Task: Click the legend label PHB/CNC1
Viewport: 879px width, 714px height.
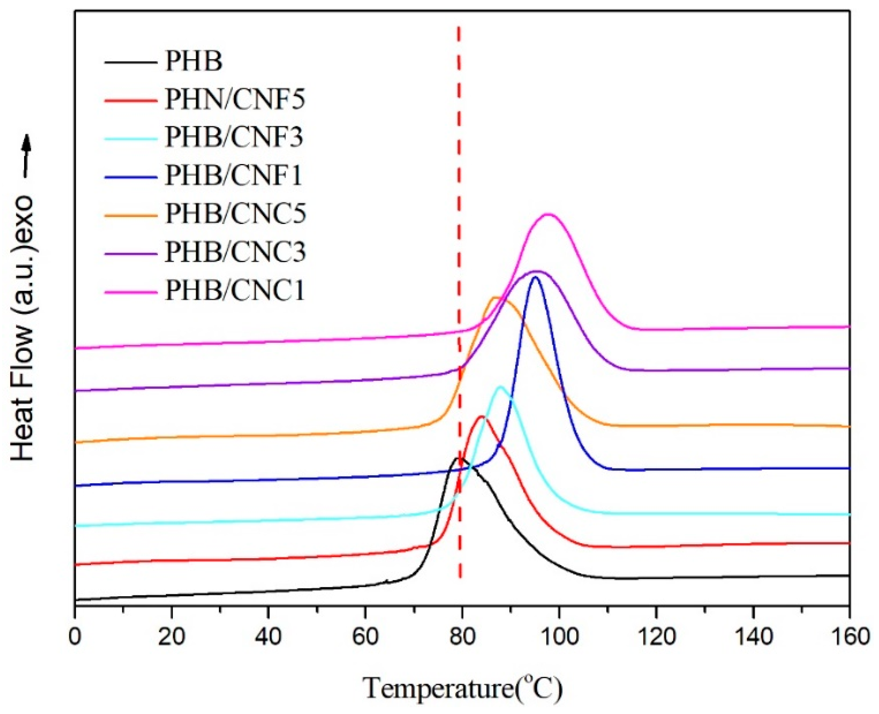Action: pos(235,291)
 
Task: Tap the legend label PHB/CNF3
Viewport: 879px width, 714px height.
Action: pos(234,137)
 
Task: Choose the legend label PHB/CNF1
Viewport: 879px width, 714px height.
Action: pos(234,176)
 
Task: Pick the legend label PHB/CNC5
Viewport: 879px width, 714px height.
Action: pos(236,214)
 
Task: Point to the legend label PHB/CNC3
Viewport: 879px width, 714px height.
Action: pos(236,252)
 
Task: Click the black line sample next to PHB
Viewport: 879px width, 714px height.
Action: pos(131,62)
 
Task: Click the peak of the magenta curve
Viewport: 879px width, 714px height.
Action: pos(548,214)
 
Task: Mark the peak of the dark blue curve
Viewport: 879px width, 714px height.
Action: pos(535,277)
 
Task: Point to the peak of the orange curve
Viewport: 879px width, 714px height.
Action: pos(495,297)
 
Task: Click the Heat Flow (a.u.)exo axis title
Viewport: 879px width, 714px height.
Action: pos(23,329)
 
